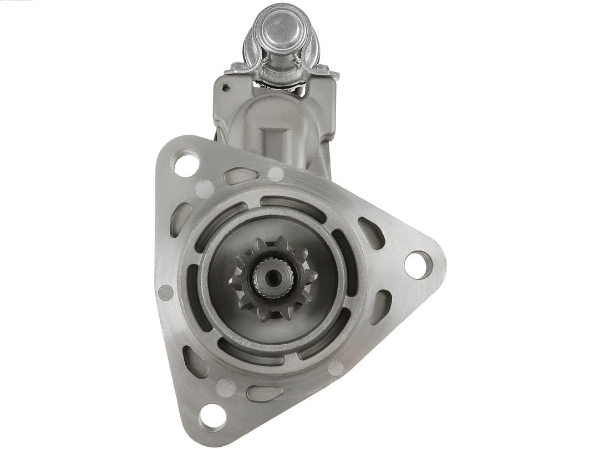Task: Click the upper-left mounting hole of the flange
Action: (185, 163)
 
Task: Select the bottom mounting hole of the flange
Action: (212, 416)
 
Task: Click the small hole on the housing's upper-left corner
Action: (225, 88)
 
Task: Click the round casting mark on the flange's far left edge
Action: (166, 293)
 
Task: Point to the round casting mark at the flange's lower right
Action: (335, 368)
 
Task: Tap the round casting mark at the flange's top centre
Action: (276, 174)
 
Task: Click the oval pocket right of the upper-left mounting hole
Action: (240, 176)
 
